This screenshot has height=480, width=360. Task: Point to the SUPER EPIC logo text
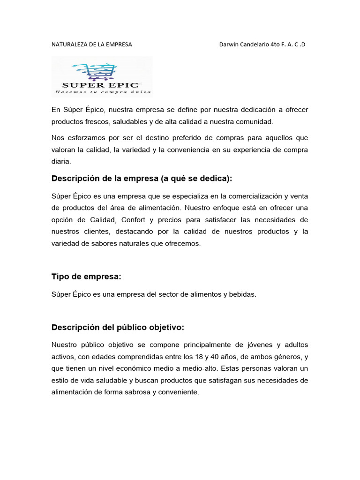click(x=101, y=85)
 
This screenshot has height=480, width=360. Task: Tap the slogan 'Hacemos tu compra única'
click(x=103, y=92)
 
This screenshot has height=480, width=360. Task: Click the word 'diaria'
click(x=60, y=161)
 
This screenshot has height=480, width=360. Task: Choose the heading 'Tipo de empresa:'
click(x=86, y=277)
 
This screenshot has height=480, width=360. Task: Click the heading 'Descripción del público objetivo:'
click(x=118, y=327)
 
